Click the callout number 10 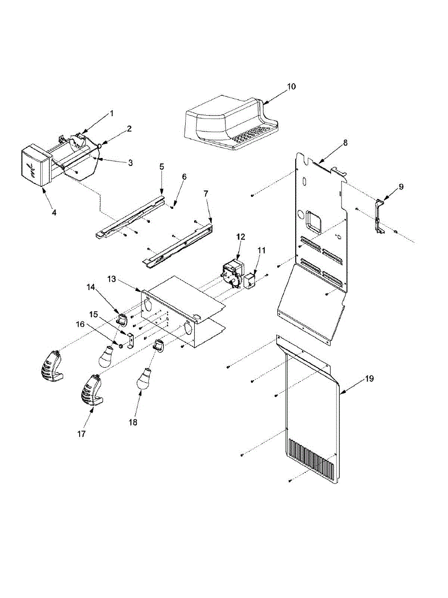tap(291, 86)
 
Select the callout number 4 tap(54, 212)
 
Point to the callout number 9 tap(401, 187)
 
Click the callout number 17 tap(82, 434)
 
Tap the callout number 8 tap(345, 143)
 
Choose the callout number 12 tap(240, 237)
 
